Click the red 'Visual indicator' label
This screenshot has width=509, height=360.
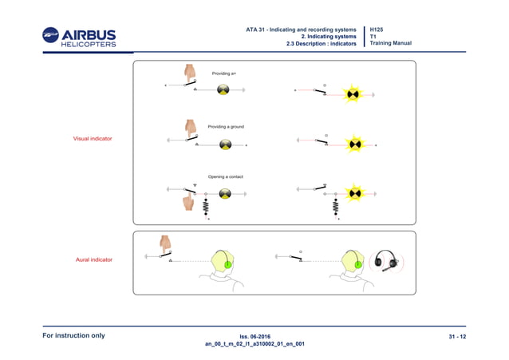click(x=93, y=139)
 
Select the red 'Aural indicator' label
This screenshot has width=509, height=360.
click(x=93, y=259)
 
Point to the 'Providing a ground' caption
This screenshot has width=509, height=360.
click(x=226, y=126)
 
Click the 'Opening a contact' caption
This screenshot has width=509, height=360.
click(x=225, y=176)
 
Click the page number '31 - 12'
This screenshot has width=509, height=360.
click(x=457, y=336)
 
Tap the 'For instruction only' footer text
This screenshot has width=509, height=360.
click(x=73, y=335)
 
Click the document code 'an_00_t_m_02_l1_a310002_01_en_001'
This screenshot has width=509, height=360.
click(x=254, y=344)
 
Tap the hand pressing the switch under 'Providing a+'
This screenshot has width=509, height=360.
click(x=191, y=73)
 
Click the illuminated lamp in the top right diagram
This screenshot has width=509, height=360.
click(x=353, y=95)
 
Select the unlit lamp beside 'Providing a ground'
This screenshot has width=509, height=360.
click(x=226, y=144)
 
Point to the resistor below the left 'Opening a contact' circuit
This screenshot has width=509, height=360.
click(x=206, y=208)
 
